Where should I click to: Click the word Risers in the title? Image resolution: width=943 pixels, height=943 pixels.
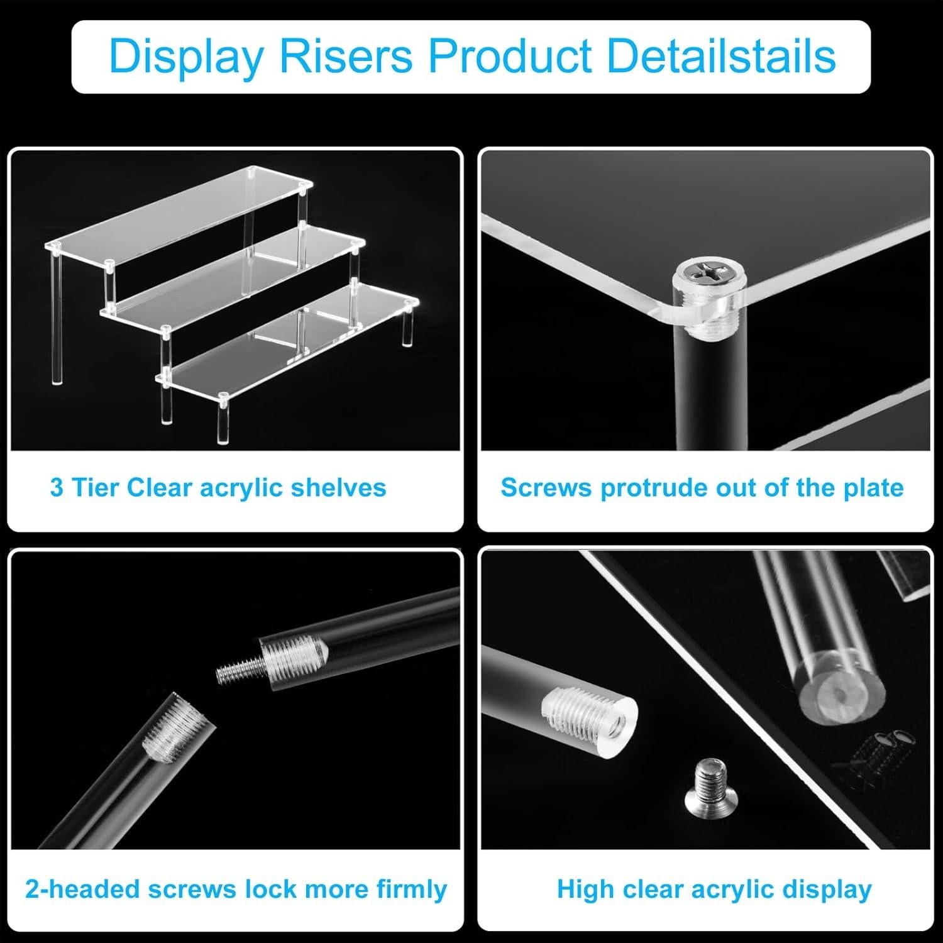click(x=346, y=57)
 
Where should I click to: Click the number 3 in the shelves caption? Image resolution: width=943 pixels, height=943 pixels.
click(x=57, y=488)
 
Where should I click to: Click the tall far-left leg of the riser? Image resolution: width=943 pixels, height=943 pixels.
click(x=57, y=314)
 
